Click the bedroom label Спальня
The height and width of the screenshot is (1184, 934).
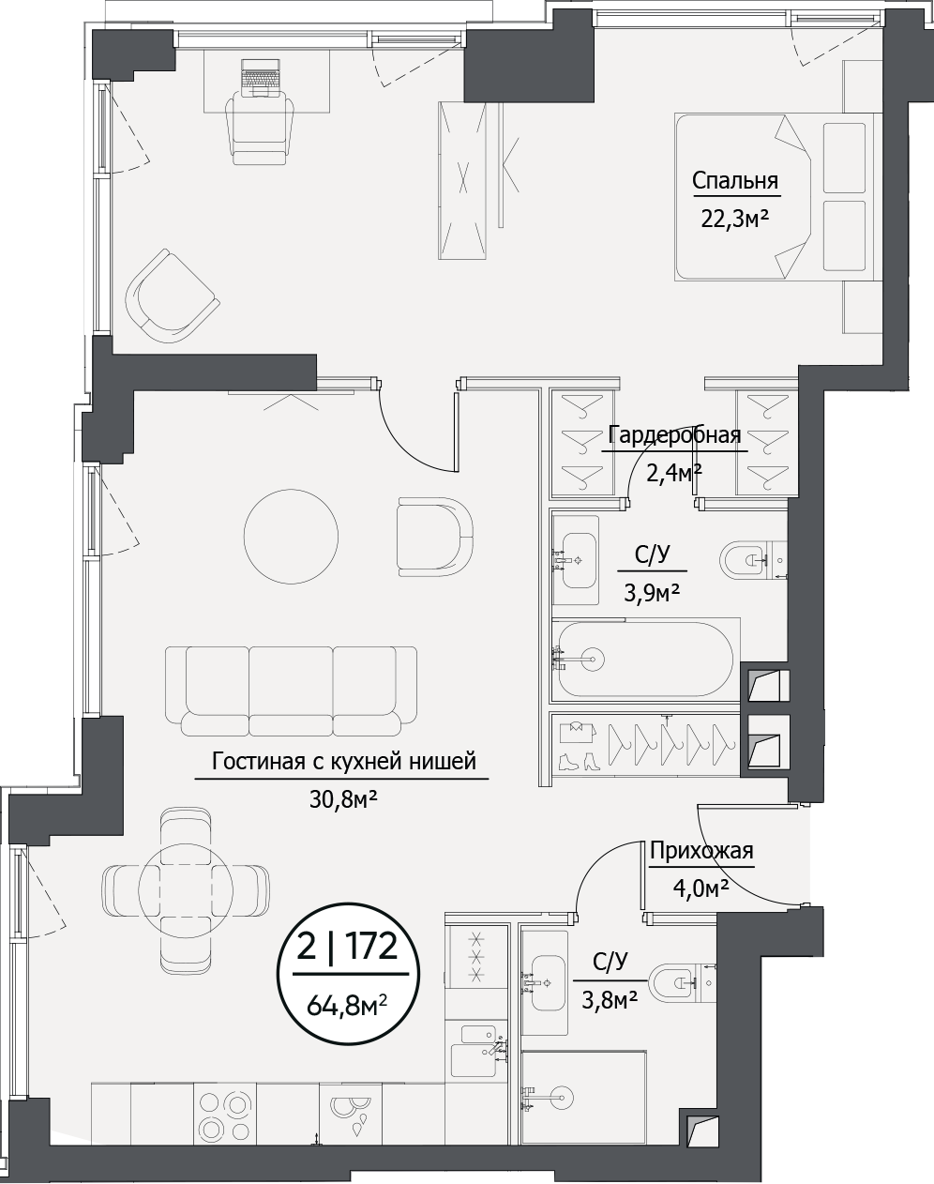pos(735,180)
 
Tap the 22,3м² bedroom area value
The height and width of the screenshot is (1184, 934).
pos(734,219)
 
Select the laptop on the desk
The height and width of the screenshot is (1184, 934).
pos(261,79)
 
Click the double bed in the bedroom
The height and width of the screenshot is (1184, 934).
pos(775,197)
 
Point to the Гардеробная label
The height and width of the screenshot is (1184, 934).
pos(675,435)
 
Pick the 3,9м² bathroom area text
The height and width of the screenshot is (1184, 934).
pos(652,593)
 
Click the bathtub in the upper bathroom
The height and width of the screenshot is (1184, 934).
pos(645,660)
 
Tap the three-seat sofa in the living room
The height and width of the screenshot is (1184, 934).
pos(291,691)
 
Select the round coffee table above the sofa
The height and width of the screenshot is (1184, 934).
pos(291,536)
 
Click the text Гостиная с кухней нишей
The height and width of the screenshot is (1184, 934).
pos(344,762)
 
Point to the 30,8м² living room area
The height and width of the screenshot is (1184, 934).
pos(343,799)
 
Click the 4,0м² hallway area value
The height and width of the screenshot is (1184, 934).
pos(701,888)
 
